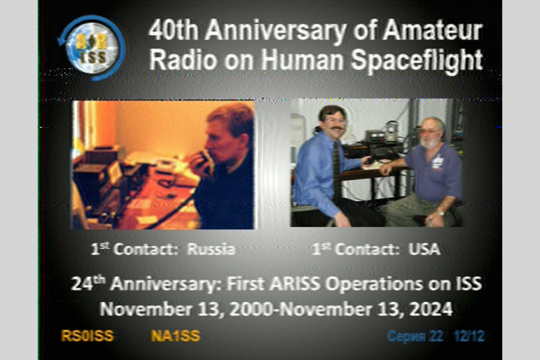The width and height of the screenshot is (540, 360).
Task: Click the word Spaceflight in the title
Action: pos(416,60)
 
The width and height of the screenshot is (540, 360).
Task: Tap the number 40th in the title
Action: pos(174,30)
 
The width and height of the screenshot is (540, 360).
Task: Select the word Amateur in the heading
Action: pos(433,30)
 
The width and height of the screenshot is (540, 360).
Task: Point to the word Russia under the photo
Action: pos(211,249)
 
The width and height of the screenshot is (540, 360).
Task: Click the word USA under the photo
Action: pos(425,249)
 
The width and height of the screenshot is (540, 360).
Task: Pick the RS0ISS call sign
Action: pos(87,336)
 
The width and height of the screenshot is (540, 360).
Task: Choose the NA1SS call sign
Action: pos(176,336)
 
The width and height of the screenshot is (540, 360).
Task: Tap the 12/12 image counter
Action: pos(469,336)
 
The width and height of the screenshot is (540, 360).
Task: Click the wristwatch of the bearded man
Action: pos(441,212)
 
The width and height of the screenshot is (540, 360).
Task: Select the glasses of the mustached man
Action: pos(333,121)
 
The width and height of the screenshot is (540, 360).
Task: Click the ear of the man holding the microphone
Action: pos(245,140)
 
